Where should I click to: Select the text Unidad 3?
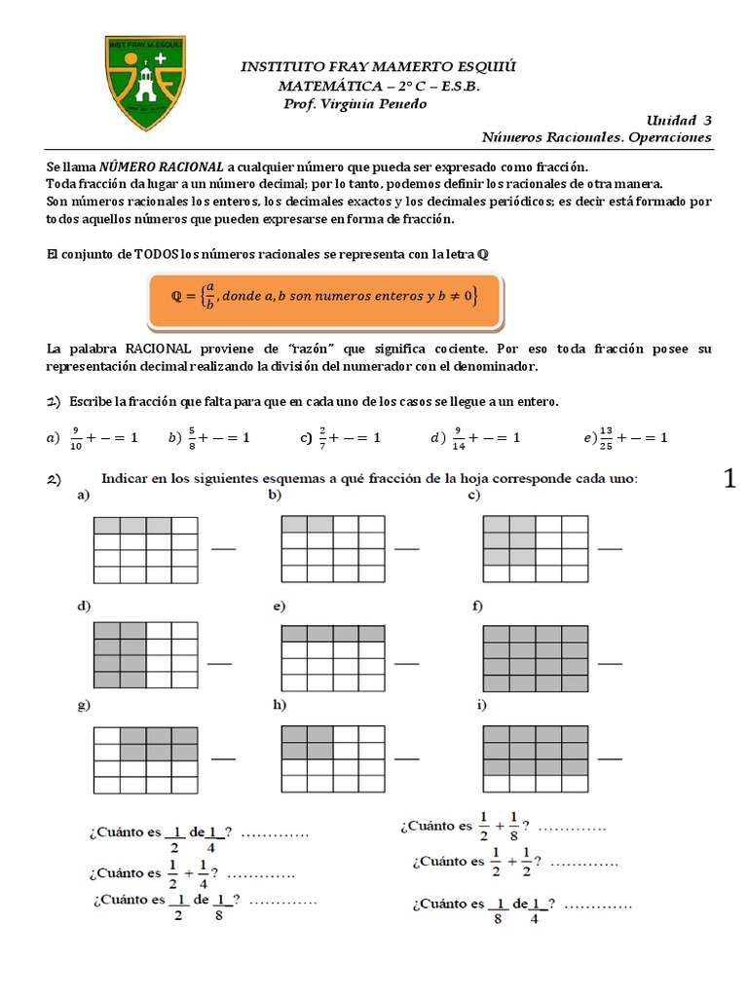[x=679, y=120]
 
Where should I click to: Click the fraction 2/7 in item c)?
[x=322, y=438]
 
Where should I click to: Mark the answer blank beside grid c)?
[x=610, y=548]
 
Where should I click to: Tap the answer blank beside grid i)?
[x=610, y=757]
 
